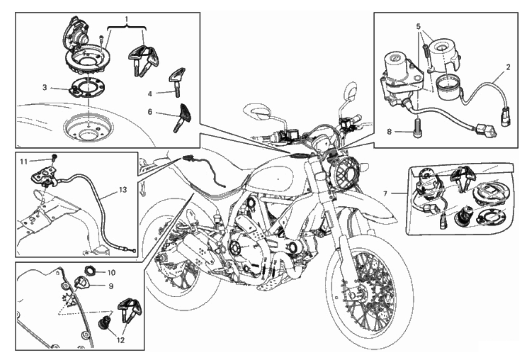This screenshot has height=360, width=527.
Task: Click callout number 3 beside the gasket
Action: coord(45,87)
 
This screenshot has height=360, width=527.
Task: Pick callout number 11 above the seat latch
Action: coord(25,161)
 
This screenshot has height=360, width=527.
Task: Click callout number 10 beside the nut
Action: coord(112,272)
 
